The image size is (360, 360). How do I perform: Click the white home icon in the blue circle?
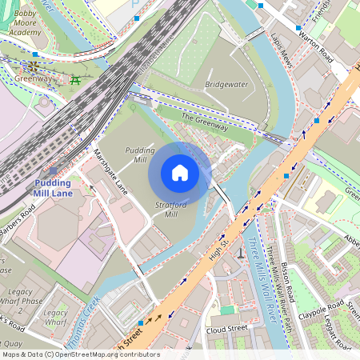180,173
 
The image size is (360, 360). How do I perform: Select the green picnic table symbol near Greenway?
75,79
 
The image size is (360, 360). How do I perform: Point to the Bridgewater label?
226,83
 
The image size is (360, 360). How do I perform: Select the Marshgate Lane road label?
110,172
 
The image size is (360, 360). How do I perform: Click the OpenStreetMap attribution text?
80,354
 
